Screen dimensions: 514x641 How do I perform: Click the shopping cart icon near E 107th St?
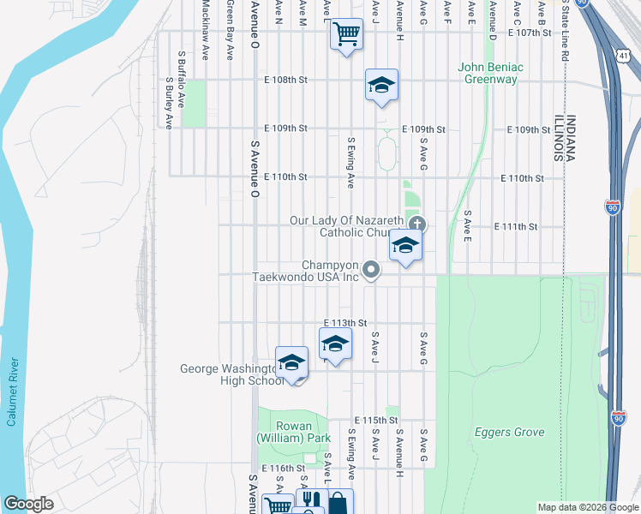point(346,35)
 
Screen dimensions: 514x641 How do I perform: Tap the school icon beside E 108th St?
point(381,84)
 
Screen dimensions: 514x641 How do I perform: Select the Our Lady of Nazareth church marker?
point(417,225)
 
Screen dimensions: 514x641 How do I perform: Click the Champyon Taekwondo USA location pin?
point(371,270)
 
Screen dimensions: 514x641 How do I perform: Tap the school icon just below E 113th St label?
point(335,345)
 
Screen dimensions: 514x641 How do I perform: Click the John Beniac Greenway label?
point(490,73)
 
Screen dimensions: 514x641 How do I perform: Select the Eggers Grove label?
point(509,433)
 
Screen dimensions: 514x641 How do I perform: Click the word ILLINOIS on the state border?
point(558,137)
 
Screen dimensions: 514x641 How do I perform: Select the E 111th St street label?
point(516,227)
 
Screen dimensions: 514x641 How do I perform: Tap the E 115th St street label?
point(376,421)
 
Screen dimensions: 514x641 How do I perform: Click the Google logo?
point(28,504)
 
